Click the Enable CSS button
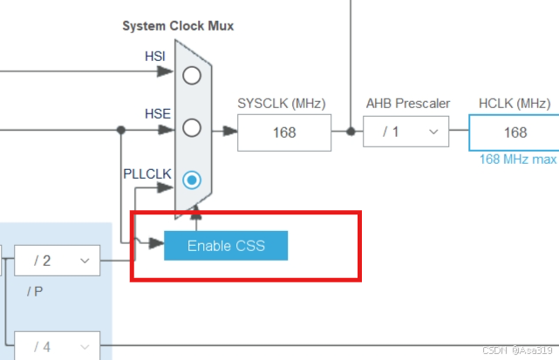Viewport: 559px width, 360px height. [x=226, y=246]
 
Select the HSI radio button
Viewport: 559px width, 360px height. [x=192, y=75]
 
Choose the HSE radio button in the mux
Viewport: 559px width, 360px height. [x=192, y=128]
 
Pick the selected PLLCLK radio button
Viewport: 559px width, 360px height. [x=192, y=180]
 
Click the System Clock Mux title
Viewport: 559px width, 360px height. [x=178, y=26]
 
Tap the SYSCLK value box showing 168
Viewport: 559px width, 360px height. [x=283, y=132]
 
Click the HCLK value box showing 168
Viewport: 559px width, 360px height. [x=515, y=132]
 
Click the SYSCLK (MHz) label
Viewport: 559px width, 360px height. [x=281, y=104]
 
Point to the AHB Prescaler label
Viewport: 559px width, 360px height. [x=407, y=104]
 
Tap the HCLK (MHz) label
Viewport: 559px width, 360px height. [x=515, y=104]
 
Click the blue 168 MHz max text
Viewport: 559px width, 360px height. [x=517, y=160]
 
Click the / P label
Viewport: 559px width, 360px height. [x=35, y=291]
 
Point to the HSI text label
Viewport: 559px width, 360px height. [x=154, y=57]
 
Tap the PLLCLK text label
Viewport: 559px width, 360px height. [x=147, y=173]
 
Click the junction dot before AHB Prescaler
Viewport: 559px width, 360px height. [x=350, y=132]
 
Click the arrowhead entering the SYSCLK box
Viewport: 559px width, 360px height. [x=230, y=132]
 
